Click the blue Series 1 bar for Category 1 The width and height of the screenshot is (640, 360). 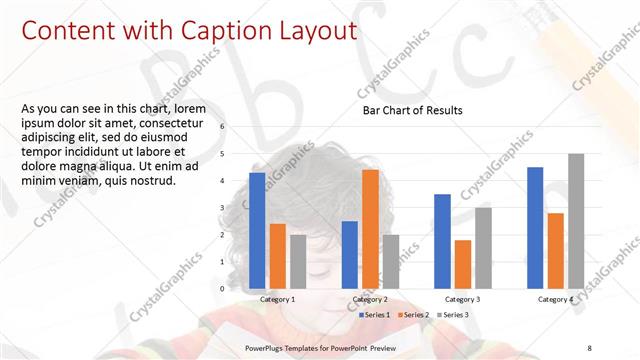[x=257, y=230]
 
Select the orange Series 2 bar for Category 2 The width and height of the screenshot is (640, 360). [x=370, y=229]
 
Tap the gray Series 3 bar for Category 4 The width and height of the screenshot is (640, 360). [x=576, y=221]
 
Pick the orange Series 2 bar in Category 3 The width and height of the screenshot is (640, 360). [x=463, y=264]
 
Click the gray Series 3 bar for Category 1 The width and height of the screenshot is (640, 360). [x=298, y=261]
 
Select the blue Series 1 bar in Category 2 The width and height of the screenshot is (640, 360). [x=349, y=254]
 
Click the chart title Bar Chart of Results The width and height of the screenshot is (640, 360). [x=412, y=110]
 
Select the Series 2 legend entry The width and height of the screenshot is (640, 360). [x=415, y=315]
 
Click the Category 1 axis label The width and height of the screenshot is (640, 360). [x=277, y=299]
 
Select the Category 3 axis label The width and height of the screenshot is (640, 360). [x=463, y=299]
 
